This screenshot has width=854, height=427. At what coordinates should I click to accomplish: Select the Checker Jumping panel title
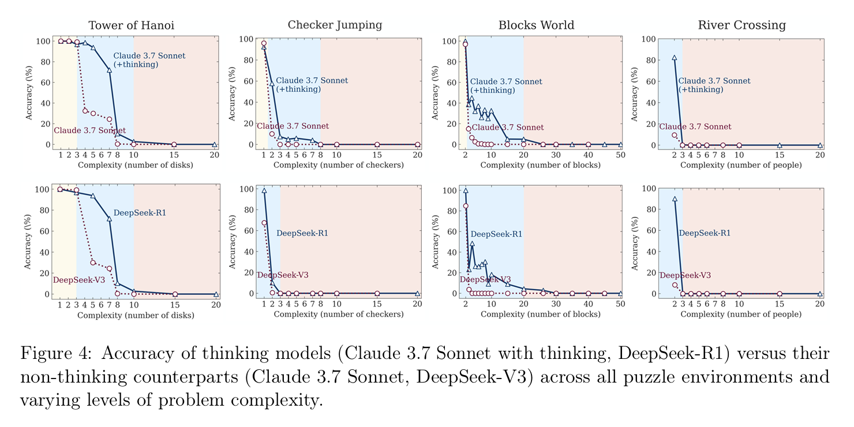click(x=335, y=25)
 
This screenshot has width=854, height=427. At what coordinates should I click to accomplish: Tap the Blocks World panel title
click(x=536, y=25)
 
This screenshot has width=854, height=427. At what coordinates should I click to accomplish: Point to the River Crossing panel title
click(x=741, y=25)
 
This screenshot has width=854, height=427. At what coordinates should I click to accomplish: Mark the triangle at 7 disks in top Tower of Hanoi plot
click(x=109, y=70)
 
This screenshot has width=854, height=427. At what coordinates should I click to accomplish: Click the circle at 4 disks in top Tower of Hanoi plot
click(x=85, y=111)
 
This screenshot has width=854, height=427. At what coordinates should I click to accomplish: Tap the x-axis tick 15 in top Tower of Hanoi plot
click(x=174, y=156)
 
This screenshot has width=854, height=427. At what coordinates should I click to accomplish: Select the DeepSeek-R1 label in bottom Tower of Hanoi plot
click(x=140, y=213)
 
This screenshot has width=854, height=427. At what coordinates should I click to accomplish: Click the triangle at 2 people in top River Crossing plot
click(x=674, y=58)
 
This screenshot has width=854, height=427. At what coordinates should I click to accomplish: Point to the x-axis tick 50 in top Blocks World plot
click(x=621, y=156)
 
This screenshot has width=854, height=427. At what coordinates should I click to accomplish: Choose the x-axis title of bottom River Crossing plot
click(x=741, y=314)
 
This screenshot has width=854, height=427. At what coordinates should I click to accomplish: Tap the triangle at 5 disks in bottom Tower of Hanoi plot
click(x=93, y=196)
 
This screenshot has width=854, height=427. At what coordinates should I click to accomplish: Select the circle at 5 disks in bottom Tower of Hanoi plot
click(x=93, y=263)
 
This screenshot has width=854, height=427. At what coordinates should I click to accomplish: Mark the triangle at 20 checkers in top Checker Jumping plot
click(x=417, y=144)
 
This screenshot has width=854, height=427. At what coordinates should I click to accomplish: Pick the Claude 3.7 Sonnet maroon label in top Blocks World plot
click(x=508, y=128)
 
